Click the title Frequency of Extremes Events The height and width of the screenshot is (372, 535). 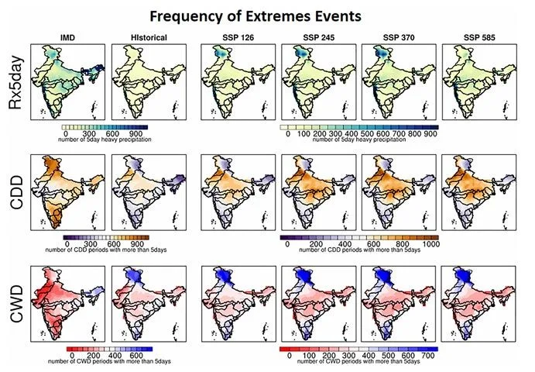point(268,15)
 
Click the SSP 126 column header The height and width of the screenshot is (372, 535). point(238,36)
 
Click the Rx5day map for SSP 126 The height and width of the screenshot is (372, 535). point(238,81)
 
